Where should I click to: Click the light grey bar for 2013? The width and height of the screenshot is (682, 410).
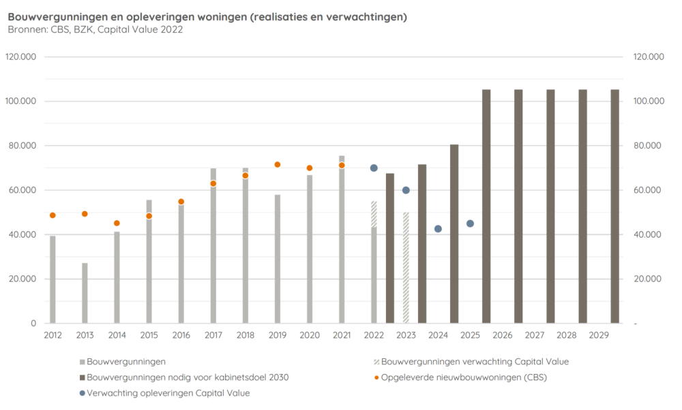(85, 293)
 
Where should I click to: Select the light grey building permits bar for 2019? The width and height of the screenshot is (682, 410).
(278, 259)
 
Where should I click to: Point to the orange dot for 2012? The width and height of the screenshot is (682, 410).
(53, 215)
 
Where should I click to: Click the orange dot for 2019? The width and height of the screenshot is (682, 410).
(278, 165)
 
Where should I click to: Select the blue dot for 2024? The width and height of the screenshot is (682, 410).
(438, 229)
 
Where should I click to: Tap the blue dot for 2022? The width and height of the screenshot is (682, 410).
(374, 168)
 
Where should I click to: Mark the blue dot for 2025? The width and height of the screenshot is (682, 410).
(470, 223)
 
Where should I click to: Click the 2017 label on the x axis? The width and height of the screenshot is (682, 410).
(213, 335)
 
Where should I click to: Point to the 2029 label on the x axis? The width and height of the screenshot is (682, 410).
(599, 335)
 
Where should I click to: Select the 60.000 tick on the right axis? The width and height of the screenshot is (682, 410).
(648, 190)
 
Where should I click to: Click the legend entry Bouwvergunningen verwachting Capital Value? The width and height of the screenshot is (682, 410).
(475, 362)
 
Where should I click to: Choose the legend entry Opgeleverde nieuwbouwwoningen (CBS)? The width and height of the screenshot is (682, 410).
(464, 377)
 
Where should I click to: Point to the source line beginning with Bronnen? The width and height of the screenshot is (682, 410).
(95, 29)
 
